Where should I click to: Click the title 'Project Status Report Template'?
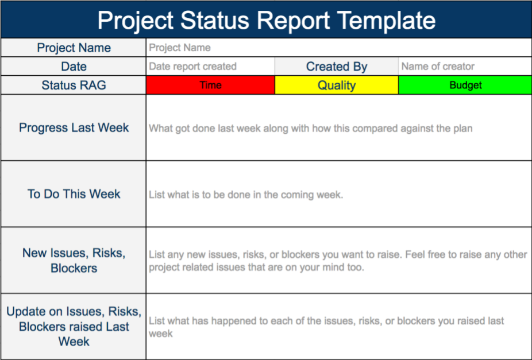[x=266, y=20]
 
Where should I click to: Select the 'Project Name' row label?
[x=74, y=48]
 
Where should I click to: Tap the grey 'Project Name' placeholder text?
[x=180, y=48]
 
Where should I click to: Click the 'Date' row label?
[x=74, y=67]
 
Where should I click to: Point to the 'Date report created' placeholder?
[x=192, y=67]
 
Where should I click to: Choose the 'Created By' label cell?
[x=336, y=67]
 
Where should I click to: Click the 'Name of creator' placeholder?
[x=438, y=67]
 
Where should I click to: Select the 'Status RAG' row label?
[x=74, y=86]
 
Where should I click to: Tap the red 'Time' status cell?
[x=210, y=86]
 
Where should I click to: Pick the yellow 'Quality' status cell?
[x=336, y=86]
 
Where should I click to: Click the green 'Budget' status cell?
[x=465, y=86]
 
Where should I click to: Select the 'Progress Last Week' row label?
[x=74, y=127]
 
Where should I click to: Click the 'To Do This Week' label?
[x=74, y=194]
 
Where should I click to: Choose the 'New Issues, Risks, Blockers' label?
[x=74, y=261]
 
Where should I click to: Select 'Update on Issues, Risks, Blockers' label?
[x=74, y=327]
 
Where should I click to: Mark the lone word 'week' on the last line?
[x=160, y=334]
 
